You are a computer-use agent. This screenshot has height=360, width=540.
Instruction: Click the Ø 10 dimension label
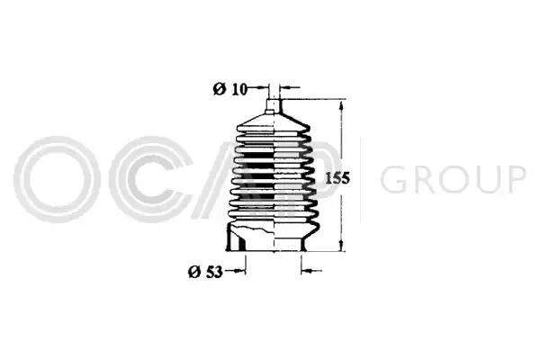(x=230, y=89)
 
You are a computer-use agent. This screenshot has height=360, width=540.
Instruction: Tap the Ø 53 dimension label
(x=205, y=272)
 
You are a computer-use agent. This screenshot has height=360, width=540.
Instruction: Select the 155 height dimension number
(x=337, y=178)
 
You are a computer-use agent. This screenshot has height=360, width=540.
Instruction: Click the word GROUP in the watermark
(x=453, y=179)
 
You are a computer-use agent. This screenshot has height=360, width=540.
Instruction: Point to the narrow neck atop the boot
(x=274, y=105)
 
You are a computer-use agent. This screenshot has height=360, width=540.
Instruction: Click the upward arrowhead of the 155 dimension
(x=341, y=105)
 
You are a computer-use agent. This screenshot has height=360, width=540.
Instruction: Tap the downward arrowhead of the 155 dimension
(x=341, y=245)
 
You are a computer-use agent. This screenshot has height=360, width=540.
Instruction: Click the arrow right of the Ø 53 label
(x=235, y=271)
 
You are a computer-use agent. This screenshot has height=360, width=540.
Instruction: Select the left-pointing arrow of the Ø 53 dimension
(x=311, y=271)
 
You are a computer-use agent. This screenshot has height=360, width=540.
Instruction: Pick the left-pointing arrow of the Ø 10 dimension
(x=289, y=88)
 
